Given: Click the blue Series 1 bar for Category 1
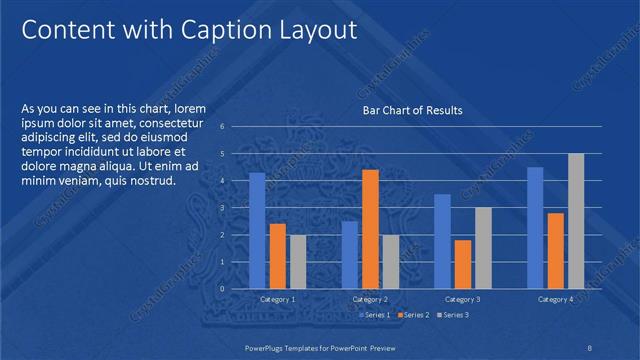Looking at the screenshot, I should coord(257,230).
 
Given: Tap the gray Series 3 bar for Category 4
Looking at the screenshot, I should coord(576,220).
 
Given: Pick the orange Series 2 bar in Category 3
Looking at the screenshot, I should coord(462,263).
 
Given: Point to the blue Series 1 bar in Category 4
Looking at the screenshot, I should coord(535,227).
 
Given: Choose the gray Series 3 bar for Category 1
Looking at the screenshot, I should coord(298,261).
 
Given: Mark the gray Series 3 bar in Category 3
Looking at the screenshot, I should coord(482,247).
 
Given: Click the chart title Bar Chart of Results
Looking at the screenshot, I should coord(412,110).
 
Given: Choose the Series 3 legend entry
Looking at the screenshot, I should coord(451,315).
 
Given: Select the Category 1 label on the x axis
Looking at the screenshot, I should coord(277,299).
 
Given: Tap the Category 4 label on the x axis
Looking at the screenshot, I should coord(555,299).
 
